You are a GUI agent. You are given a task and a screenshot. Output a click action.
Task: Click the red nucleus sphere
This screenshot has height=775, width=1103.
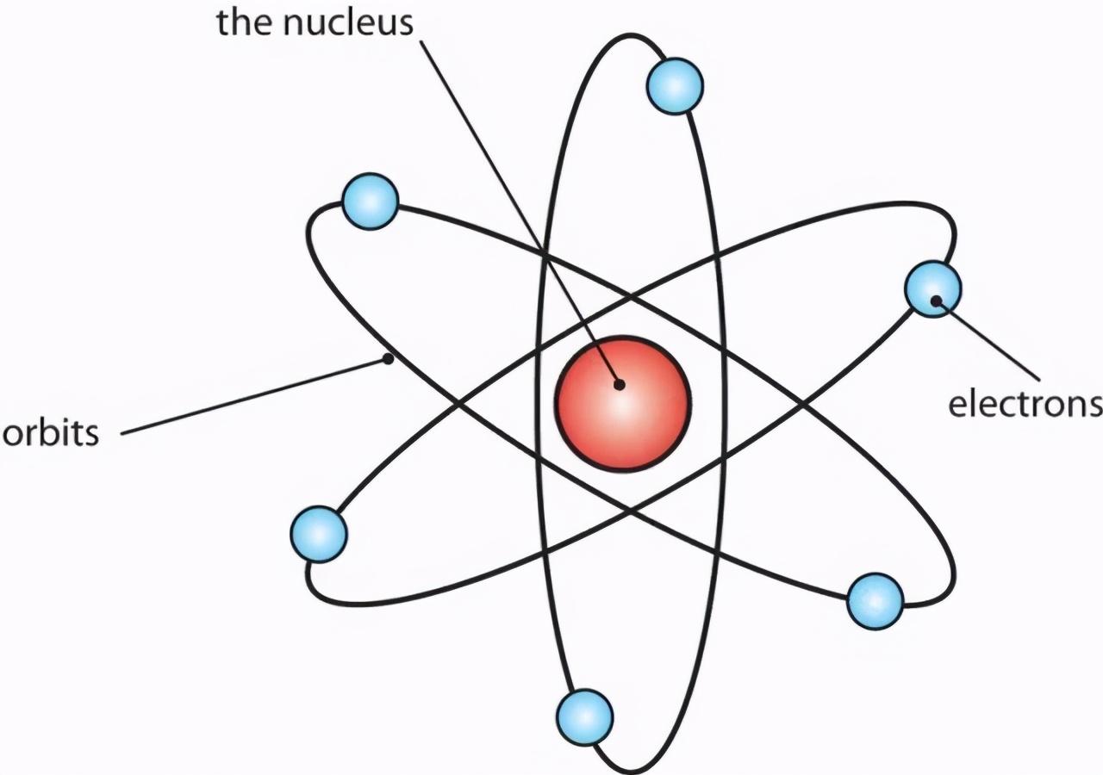click(x=623, y=404)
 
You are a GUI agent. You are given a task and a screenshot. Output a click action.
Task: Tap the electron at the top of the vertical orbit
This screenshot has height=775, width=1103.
click(x=675, y=87)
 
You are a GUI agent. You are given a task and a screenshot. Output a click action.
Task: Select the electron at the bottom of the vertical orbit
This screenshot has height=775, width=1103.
click(x=585, y=717)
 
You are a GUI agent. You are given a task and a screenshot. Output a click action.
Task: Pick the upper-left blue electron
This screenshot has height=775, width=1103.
click(x=370, y=201)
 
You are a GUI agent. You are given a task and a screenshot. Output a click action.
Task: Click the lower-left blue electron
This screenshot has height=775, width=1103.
click(x=319, y=535)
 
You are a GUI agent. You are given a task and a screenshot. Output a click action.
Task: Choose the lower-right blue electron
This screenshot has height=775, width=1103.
click(x=875, y=601)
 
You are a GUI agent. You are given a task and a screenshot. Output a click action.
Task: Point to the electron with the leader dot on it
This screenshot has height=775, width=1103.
click(x=932, y=288)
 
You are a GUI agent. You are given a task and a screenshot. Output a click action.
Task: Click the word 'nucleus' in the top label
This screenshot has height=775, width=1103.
click(x=348, y=22)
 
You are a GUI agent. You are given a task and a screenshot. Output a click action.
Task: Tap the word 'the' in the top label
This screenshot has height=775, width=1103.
click(x=244, y=22)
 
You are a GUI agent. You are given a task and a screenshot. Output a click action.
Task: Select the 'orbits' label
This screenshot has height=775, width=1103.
click(x=51, y=433)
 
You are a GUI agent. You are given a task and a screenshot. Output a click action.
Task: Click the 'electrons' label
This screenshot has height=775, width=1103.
click(x=1025, y=405)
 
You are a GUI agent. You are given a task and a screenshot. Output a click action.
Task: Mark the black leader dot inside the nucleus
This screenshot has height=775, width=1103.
click(x=620, y=384)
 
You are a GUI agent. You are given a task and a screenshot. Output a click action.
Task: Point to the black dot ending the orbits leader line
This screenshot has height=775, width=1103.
click(x=389, y=359)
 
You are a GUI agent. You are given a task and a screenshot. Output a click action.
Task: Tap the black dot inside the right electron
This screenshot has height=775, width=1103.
click(x=936, y=301)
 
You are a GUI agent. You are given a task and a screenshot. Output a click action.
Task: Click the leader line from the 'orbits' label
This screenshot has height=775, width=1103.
click(x=254, y=397)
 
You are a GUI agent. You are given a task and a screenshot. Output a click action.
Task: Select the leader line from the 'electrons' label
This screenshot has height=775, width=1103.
click(x=988, y=340)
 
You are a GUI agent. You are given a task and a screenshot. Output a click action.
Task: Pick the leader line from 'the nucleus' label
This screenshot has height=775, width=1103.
click(x=520, y=213)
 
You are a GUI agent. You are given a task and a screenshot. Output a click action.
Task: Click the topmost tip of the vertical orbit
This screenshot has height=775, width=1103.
click(x=630, y=35)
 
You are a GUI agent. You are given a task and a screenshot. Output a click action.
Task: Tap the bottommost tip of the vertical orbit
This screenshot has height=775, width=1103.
click(x=630, y=772)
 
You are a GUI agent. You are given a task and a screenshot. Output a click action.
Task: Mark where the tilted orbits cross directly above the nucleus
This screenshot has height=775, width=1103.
click(x=631, y=297)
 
